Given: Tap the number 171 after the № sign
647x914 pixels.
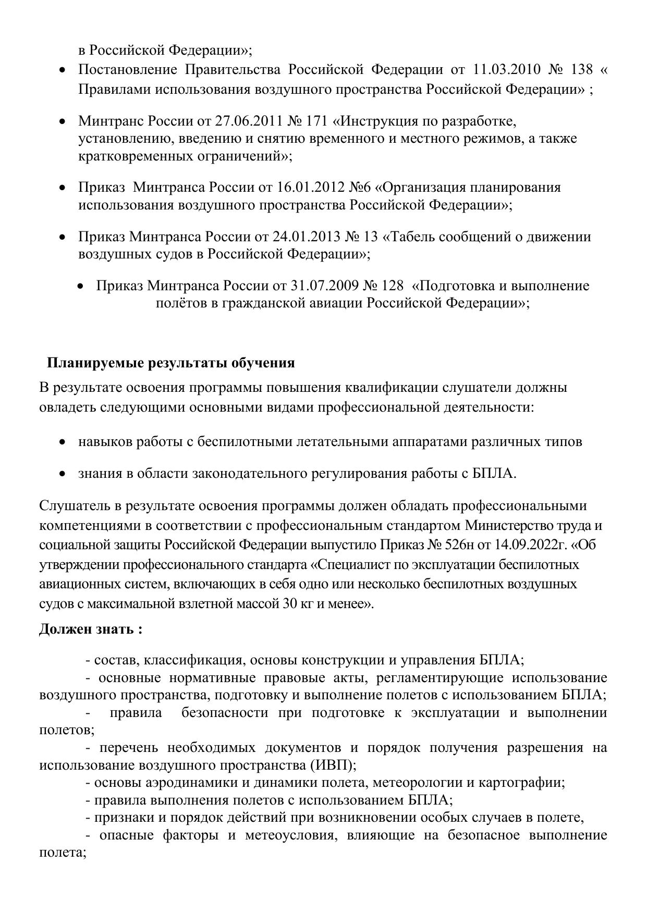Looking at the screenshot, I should point(316,121).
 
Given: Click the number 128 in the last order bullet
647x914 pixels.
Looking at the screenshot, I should point(392,286).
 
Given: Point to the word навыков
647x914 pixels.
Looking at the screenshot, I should point(105,442).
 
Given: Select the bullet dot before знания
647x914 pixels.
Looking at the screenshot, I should point(63,474).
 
